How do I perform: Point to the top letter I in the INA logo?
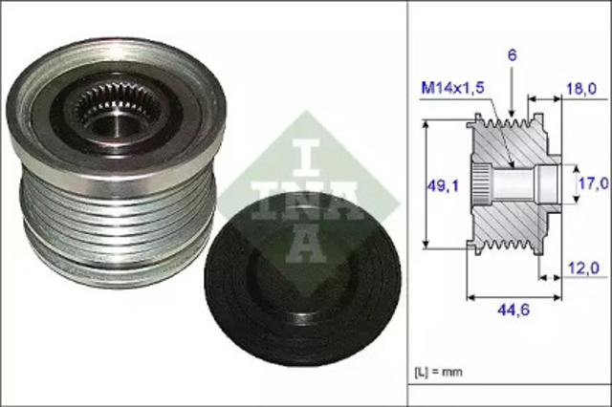pos(303,142)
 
